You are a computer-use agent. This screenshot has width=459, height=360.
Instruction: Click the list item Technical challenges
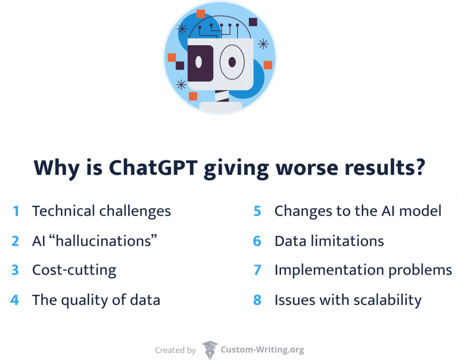point(101,211)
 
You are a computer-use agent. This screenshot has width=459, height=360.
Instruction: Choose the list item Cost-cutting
point(74,270)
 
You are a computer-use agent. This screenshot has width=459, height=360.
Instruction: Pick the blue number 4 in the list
point(15,300)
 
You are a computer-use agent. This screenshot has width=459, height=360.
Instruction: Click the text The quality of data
point(96,300)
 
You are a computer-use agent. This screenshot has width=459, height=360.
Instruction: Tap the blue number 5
point(257,211)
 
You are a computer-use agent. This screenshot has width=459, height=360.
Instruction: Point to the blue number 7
point(257,270)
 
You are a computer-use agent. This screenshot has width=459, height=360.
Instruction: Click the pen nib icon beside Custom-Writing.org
point(209,350)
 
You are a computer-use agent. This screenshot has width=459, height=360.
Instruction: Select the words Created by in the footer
point(175,350)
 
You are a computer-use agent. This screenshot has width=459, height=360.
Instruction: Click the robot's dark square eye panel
point(199,63)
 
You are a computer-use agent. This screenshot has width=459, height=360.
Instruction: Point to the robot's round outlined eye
point(232,63)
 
